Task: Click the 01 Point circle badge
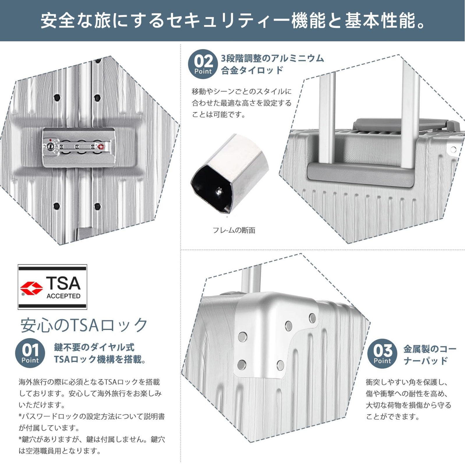tap(30, 353)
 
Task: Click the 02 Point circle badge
tap(203, 64)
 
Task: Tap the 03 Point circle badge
tap(382, 354)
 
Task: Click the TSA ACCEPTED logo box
tap(52, 287)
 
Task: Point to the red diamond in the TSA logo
tap(31, 288)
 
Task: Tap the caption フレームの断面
tap(234, 230)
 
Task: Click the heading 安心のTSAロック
tap(84, 325)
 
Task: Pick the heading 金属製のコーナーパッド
tap(429, 354)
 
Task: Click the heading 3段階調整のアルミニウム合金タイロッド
tap(272, 64)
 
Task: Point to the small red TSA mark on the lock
tap(101, 146)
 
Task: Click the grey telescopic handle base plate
tap(361, 174)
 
